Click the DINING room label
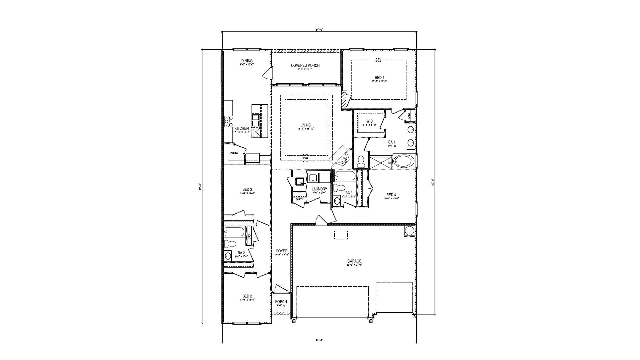[x=247, y=61]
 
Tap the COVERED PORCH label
[x=305, y=65]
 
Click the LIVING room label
[x=305, y=125]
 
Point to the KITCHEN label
[x=241, y=128]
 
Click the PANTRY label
[x=234, y=153]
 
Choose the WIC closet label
[x=369, y=121]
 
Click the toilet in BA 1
[x=361, y=162]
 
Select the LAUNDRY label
[x=319, y=189]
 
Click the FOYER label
[x=281, y=251]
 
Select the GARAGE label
[x=354, y=261]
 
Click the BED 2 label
[x=247, y=296]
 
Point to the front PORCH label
[x=281, y=302]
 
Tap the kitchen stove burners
[x=228, y=121]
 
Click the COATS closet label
[x=299, y=199]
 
